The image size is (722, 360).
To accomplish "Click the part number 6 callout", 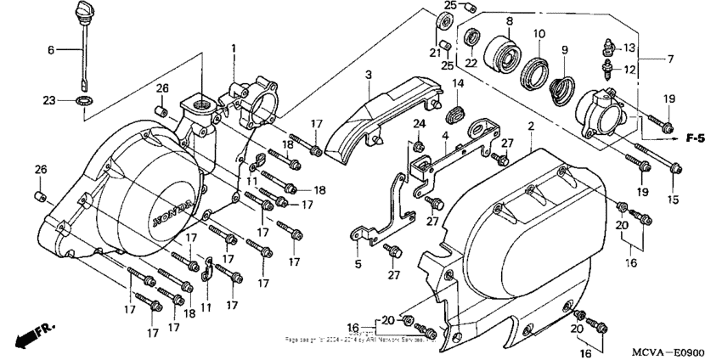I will point(50,51).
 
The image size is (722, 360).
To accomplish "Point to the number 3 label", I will point(369,76).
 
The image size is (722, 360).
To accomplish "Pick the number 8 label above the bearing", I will point(509,20).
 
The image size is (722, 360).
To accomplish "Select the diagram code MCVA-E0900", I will point(668,350).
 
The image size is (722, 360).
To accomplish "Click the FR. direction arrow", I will point(31,334).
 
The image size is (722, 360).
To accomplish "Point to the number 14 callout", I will point(458,83).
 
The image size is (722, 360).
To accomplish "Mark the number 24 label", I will point(419,125).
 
